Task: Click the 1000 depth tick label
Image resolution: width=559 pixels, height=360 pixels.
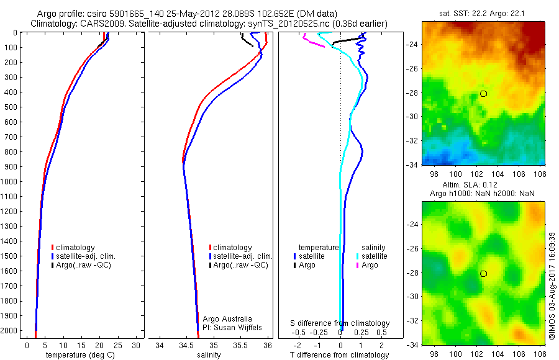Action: coord(11,182)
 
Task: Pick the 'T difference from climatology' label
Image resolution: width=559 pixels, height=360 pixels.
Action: coord(340,355)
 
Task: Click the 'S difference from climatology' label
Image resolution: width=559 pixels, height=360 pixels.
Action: coord(340,323)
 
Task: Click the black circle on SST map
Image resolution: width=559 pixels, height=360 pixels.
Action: coord(483,94)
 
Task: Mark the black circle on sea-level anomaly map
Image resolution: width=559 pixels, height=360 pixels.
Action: coord(483,274)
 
